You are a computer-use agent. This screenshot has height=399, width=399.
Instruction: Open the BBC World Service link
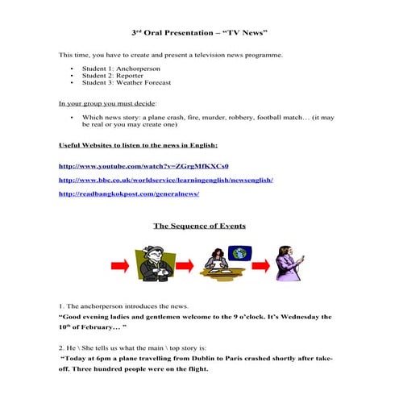166,180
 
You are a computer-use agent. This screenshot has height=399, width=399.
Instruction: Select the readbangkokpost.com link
129,194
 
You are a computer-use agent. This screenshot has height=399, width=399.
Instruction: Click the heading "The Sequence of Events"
199,226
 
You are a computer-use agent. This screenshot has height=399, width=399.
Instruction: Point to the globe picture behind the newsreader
239,255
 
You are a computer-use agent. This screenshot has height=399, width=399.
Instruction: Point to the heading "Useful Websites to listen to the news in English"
138,145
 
